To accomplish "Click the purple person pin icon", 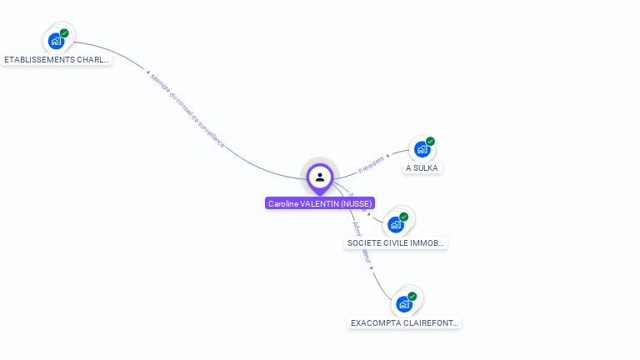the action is [320, 177].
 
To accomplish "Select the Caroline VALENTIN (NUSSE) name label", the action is [320, 203].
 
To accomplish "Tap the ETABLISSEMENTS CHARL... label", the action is [57, 60].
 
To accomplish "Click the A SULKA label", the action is [422, 167].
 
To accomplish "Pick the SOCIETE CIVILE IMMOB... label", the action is [397, 243].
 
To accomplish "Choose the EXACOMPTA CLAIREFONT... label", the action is [405, 322].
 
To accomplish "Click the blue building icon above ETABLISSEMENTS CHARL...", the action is [56, 41].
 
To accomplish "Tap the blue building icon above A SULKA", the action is [422, 149].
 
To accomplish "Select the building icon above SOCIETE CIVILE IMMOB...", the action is [396, 224].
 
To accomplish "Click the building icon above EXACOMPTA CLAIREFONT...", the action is [404, 304].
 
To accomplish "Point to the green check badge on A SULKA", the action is [431, 142].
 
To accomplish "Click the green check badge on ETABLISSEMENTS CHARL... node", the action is [64, 33].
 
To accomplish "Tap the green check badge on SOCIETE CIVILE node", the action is [404, 217].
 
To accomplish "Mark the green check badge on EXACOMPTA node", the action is [412, 296].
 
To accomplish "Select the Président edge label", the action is [372, 164].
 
